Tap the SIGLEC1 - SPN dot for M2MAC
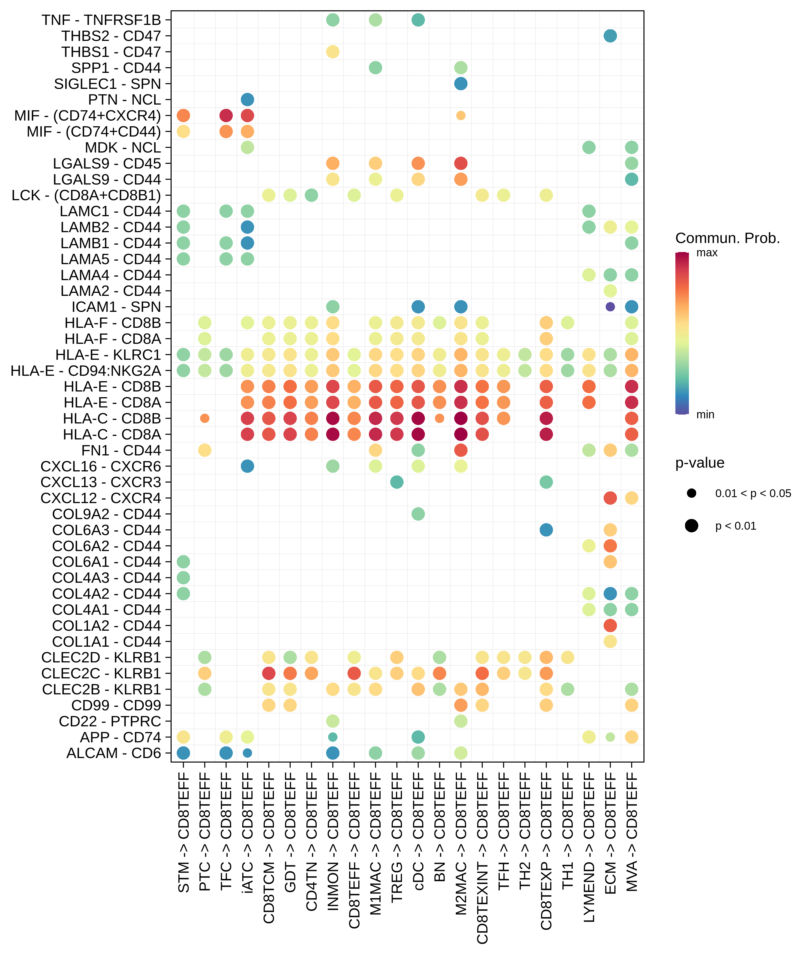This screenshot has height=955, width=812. (461, 84)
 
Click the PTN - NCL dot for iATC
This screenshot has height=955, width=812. (247, 99)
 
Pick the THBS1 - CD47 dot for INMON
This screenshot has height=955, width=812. (333, 51)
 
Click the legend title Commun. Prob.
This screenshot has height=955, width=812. (727, 238)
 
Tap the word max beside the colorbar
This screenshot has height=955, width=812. (707, 253)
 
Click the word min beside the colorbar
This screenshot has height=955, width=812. (705, 415)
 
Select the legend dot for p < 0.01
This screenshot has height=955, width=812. (691, 526)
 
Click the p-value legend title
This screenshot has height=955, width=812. (700, 462)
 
